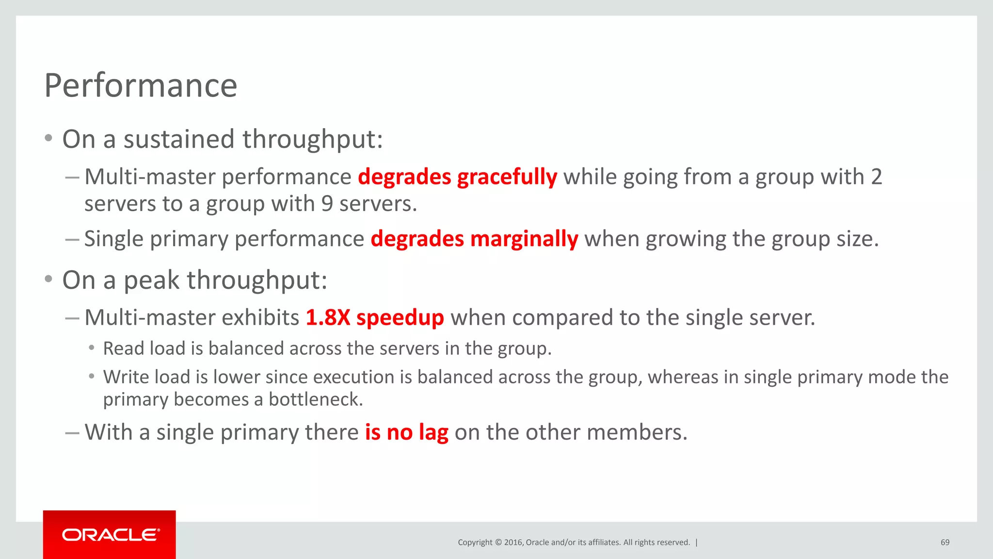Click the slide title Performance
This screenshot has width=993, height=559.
pos(141,85)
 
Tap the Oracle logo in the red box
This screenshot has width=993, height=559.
pos(110,535)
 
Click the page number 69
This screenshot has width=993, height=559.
pos(945,543)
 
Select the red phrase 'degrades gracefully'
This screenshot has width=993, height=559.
pos(457,177)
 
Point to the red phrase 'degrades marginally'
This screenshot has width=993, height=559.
pos(474,239)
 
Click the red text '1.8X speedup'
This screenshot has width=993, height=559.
pos(375,317)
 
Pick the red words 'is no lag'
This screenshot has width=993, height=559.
pos(406,432)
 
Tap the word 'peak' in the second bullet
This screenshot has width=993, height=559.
pos(152,280)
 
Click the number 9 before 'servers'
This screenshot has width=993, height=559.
pos(327,204)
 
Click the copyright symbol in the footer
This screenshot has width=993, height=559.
pos(498,543)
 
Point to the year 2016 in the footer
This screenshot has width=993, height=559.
pos(513,543)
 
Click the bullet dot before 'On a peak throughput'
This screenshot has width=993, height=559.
pos(48,279)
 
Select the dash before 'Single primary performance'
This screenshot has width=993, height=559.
pos(72,239)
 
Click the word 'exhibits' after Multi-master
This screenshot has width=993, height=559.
pos(260,317)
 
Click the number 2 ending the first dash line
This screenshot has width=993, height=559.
pos(876,177)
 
